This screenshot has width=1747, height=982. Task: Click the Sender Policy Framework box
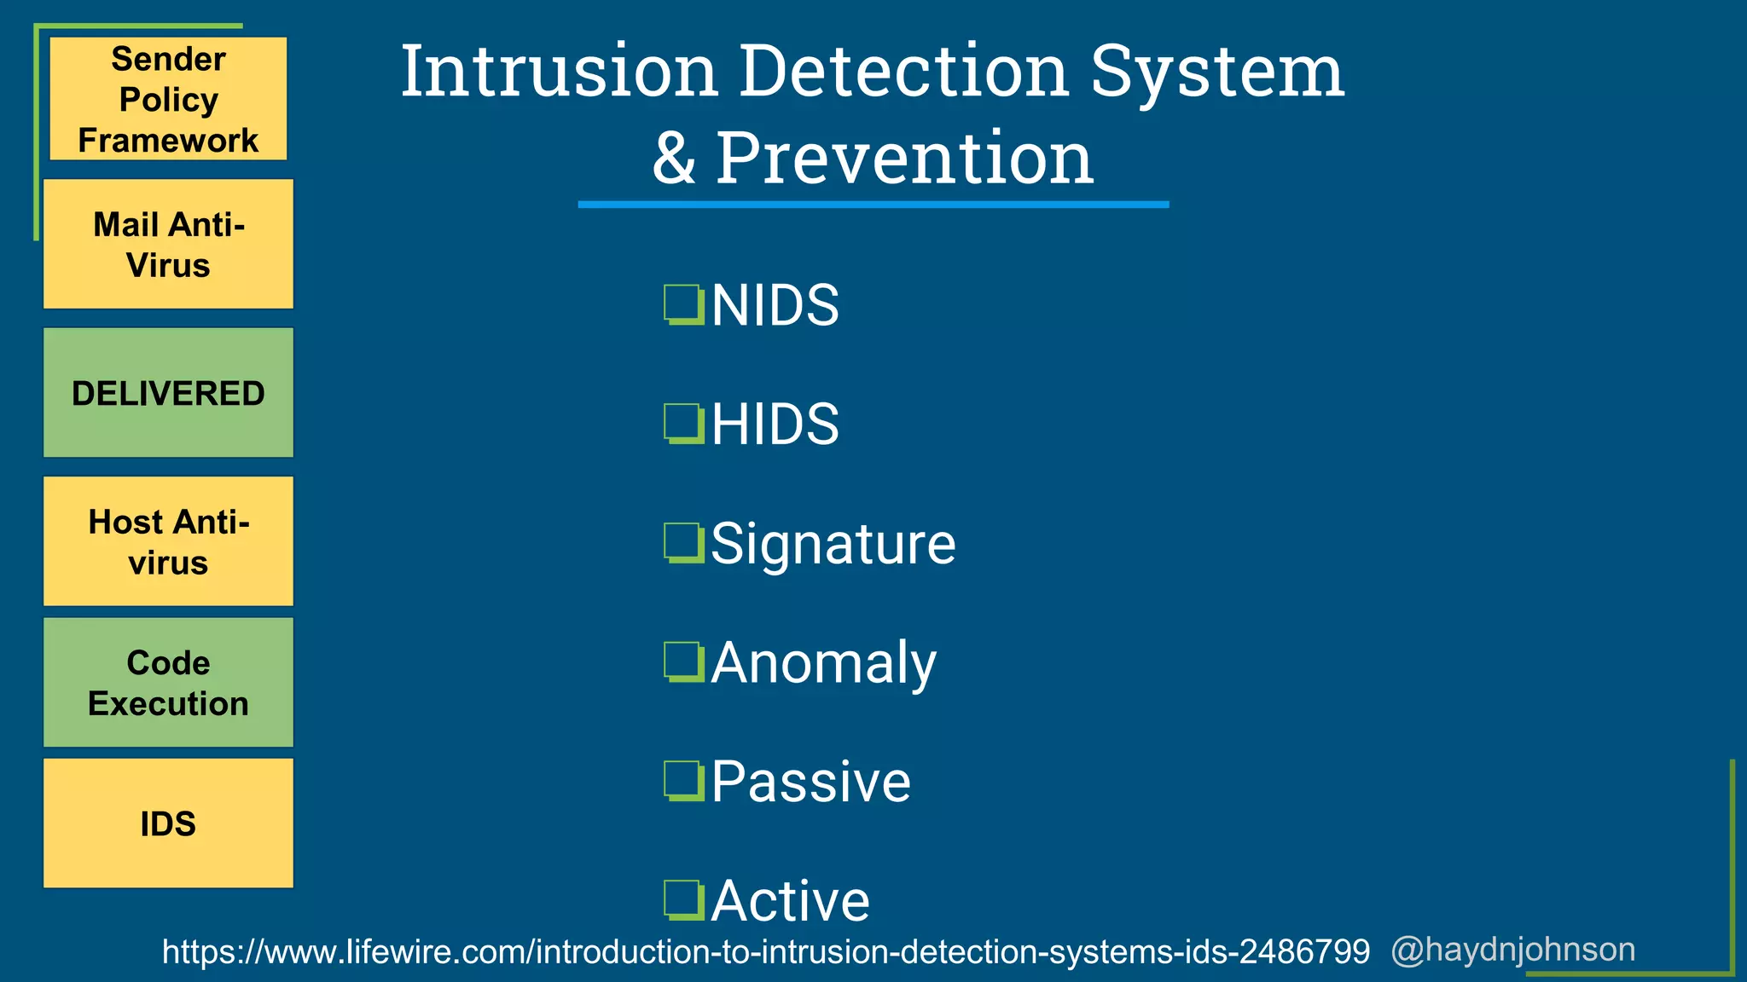(168, 99)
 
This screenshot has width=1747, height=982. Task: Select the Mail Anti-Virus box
(168, 244)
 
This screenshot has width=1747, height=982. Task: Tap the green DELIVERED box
(168, 393)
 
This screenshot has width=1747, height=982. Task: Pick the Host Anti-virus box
(168, 541)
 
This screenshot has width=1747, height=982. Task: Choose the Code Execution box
(168, 683)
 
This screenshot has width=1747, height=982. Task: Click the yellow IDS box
(168, 823)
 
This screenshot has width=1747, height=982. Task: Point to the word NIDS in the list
(775, 305)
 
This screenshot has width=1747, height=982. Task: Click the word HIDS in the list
(775, 424)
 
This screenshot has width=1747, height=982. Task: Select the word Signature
(833, 544)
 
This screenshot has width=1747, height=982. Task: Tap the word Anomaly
(823, 663)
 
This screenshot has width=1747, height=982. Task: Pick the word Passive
(810, 782)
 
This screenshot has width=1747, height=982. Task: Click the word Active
(790, 900)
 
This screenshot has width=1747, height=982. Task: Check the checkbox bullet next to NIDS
(683, 305)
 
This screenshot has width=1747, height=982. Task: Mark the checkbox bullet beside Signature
(683, 543)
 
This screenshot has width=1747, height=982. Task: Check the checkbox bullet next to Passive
(683, 782)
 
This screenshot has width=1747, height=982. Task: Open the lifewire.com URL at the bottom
(765, 951)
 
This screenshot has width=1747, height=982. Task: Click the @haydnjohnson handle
(1512, 950)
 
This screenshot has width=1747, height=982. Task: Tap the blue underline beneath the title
(873, 205)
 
